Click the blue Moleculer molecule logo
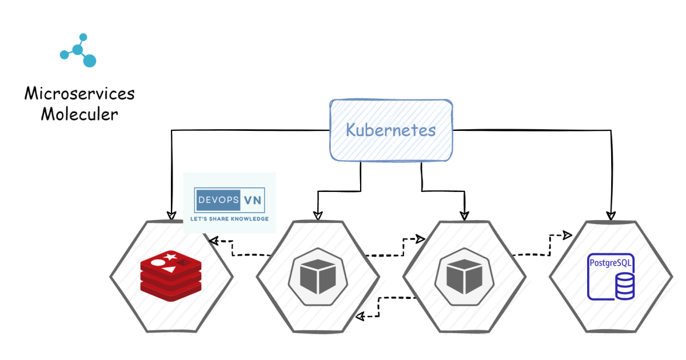pos(78,50)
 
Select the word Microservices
pos(79,94)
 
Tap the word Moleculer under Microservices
pos(79,114)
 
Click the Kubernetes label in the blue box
pos(390,130)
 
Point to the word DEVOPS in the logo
pos(216,201)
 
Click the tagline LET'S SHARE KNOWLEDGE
pos(229,218)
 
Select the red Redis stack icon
pos(171,277)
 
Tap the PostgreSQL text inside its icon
pos(611,264)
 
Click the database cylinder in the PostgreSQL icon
pos(624,286)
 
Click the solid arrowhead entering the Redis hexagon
pos(170,215)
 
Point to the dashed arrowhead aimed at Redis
pos(214,241)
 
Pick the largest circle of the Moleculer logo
pos(89,61)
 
